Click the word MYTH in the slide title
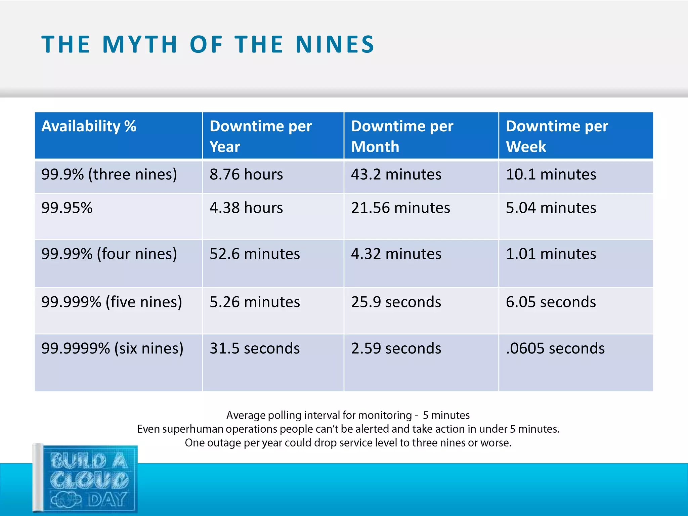tap(140, 44)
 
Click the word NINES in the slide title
tap(335, 44)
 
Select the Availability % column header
tap(89, 126)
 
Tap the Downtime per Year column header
tap(261, 136)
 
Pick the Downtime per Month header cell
tap(402, 136)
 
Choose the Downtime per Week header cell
tap(557, 136)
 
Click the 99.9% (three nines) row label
tap(109, 174)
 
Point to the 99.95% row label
tap(67, 208)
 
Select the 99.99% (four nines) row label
tap(109, 254)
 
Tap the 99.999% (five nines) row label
tap(112, 302)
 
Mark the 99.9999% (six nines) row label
tap(113, 348)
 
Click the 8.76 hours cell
tap(246, 174)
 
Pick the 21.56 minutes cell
tap(400, 208)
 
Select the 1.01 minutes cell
tap(551, 254)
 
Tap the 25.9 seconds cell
tap(396, 302)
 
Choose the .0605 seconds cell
tap(555, 348)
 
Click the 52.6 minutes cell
tap(255, 254)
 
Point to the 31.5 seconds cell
tap(255, 348)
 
